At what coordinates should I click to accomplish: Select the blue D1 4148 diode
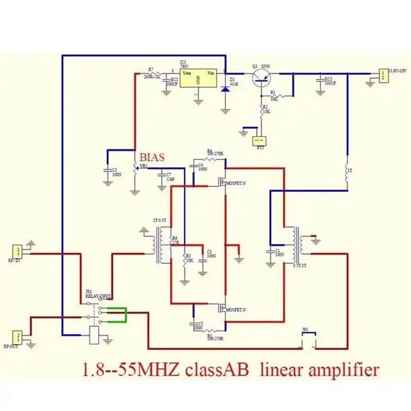tap(225, 89)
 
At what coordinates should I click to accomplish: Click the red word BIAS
tap(153, 158)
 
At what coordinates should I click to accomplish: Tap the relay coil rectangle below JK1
tap(95, 334)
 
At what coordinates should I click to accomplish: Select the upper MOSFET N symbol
tap(223, 182)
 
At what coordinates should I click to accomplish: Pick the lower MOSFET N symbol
tap(223, 309)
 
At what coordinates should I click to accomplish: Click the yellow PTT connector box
tap(259, 140)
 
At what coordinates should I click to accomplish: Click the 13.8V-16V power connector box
tap(383, 75)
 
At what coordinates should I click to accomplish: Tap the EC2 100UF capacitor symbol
tap(321, 81)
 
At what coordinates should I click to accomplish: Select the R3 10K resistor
tap(184, 260)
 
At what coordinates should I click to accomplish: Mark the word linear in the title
tap(283, 369)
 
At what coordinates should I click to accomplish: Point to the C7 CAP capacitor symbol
tap(163, 176)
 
